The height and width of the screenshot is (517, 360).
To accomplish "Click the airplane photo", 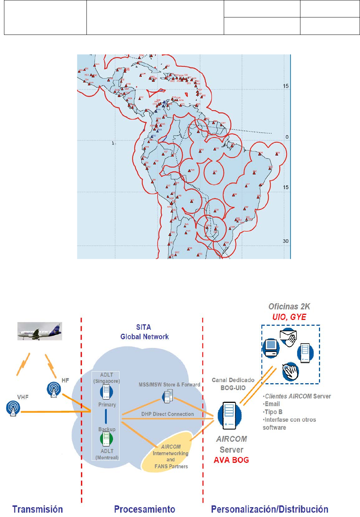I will tap(40, 331).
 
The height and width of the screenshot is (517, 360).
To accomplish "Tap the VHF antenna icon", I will tap(13, 408).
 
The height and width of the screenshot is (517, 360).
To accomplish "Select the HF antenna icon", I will tap(54, 389).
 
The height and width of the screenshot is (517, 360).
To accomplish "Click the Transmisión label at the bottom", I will tap(37, 509).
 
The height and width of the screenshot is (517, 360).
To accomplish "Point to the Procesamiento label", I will tap(145, 509).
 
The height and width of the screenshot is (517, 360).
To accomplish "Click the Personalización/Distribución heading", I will tap(270, 509).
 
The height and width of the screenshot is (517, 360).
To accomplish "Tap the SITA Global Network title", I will tap(144, 332).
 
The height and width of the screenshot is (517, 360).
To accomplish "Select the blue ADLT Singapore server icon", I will tap(106, 392).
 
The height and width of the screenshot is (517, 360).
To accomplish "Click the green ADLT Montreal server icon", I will tap(106, 439).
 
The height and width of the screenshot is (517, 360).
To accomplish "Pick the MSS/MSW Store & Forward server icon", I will tap(168, 396).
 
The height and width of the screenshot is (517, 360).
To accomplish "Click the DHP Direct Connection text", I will tap(167, 414).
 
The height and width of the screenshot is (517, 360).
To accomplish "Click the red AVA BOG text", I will tap(231, 460).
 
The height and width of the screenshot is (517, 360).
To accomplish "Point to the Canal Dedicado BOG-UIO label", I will tap(233, 384).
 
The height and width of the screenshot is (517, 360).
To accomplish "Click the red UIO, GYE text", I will tap(289, 317).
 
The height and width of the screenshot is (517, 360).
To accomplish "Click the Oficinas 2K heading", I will tap(289, 306).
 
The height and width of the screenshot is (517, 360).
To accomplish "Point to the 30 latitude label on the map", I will tap(286, 241).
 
